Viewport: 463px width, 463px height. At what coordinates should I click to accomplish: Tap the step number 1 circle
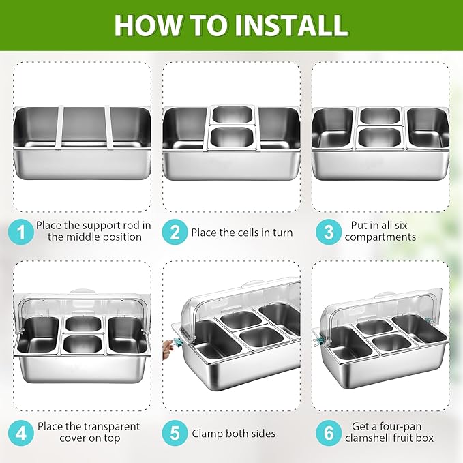[20, 232]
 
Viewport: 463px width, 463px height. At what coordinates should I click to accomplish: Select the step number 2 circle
[175, 232]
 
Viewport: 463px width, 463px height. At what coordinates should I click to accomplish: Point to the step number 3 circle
[329, 232]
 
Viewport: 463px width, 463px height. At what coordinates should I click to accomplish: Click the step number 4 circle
[20, 433]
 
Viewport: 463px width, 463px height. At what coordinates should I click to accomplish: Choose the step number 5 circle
[175, 433]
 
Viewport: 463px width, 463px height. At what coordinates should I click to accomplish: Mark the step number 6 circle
[329, 433]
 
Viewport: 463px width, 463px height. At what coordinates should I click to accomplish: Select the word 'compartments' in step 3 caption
[380, 237]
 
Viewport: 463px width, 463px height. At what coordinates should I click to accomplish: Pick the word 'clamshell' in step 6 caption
[369, 438]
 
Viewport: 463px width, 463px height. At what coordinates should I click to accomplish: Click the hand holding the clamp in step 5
[168, 348]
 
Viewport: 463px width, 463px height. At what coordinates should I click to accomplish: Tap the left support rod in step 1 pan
[59, 127]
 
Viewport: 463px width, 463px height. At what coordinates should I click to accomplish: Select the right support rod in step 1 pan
[108, 127]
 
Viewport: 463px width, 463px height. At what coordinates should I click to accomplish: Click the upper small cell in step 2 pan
[232, 115]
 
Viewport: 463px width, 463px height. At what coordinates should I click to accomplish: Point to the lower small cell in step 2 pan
[232, 137]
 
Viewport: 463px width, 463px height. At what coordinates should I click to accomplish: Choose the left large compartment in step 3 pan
[333, 128]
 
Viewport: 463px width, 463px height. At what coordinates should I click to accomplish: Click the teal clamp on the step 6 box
[318, 340]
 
